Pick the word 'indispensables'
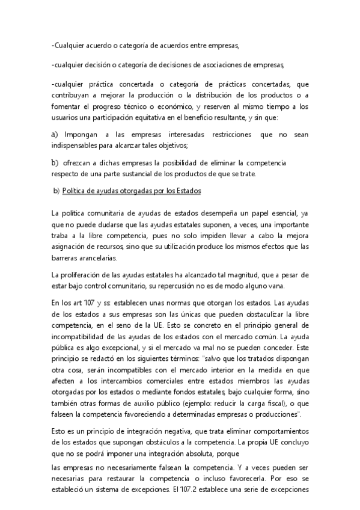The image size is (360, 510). pyautogui.click(x=75, y=146)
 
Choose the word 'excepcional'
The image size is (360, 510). pyautogui.click(x=114, y=348)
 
